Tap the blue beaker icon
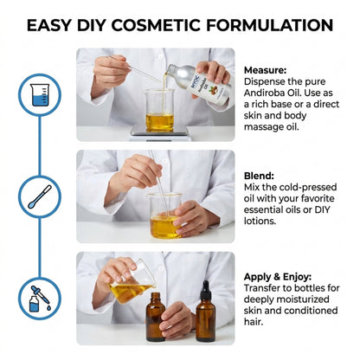(x=40, y=94)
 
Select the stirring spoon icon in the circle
(x=40, y=196)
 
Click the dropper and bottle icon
(x=40, y=299)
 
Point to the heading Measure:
(x=266, y=70)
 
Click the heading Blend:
(x=259, y=176)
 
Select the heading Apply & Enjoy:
(x=278, y=277)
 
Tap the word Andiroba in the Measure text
(x=263, y=93)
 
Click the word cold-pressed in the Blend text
(x=308, y=187)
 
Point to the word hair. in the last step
(x=254, y=322)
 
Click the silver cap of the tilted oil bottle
(x=173, y=69)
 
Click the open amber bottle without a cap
(x=156, y=317)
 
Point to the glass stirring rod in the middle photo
(x=158, y=182)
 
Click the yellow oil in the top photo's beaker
(x=159, y=121)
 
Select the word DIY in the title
(x=91, y=25)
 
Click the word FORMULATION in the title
(x=270, y=25)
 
